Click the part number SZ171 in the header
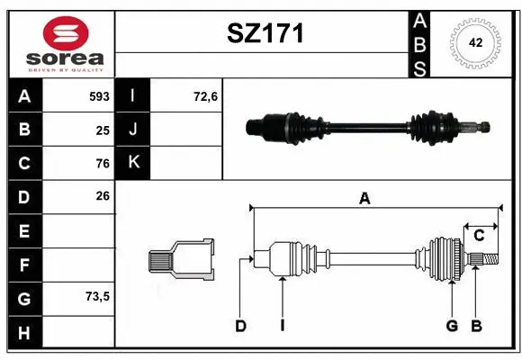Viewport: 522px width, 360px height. point(264,33)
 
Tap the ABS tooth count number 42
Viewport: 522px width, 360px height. point(474,41)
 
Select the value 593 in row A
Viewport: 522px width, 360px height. point(99,95)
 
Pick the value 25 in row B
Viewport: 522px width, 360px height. point(103,130)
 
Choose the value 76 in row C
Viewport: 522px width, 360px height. point(103,164)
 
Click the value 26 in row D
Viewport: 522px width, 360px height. point(103,195)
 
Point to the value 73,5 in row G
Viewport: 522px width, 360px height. point(96,296)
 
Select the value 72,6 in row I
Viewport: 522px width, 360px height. point(206,95)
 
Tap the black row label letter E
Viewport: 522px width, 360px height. point(23,231)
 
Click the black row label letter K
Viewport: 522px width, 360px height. point(133,162)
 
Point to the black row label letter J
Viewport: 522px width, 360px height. point(133,130)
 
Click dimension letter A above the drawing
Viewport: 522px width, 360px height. point(364,199)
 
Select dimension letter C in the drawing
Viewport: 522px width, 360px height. point(480,235)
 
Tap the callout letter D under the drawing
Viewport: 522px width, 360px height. point(240,326)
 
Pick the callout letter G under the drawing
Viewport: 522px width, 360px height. point(452,326)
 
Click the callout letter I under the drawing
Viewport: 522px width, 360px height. point(282,326)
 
